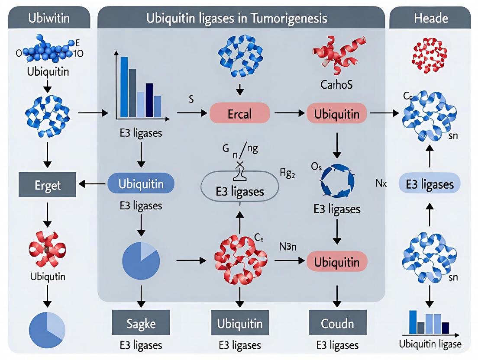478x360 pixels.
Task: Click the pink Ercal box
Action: pos(239,114)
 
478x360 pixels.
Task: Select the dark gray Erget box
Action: pos(48,185)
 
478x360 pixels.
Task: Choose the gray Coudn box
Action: pos(337,323)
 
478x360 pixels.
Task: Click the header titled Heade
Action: pos(430,19)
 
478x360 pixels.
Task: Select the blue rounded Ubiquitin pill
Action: pos(141,183)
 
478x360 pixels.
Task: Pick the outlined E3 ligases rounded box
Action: pos(239,191)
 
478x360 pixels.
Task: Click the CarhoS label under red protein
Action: pos(336,84)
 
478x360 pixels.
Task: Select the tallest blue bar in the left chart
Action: pos(124,87)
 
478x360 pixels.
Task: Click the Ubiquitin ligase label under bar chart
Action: pos(430,344)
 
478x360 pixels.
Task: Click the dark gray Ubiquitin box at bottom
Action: pos(239,323)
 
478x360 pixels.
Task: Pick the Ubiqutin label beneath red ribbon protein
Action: pos(48,276)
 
